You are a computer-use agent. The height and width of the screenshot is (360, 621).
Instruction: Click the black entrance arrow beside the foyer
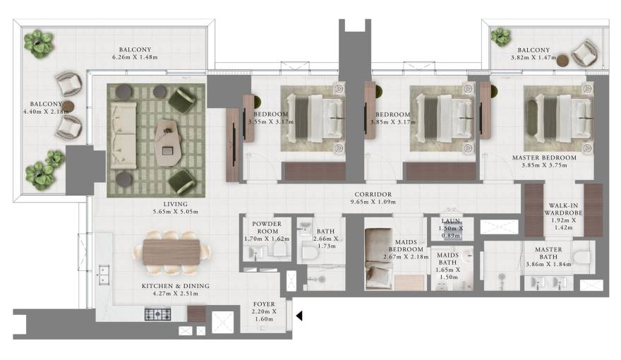(300, 316)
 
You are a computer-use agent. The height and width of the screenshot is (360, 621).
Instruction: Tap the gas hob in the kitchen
(157, 314)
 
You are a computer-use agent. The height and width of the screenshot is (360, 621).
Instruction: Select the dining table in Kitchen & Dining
(171, 252)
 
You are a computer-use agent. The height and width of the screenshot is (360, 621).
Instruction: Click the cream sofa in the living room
(123, 136)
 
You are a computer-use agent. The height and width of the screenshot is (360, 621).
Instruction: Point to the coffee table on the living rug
(169, 143)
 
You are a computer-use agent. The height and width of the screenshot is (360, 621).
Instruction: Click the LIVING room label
(176, 204)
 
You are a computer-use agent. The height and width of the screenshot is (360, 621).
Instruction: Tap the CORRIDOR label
(373, 194)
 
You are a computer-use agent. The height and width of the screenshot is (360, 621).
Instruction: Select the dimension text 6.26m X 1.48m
(135, 57)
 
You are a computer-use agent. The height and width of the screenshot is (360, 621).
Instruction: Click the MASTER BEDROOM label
(544, 157)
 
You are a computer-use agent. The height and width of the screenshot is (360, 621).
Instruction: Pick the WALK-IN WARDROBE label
(563, 209)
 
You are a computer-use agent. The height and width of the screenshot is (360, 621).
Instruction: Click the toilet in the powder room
(279, 249)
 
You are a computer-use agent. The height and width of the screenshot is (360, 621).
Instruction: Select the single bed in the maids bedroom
(379, 258)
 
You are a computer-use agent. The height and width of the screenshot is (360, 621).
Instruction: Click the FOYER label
(264, 304)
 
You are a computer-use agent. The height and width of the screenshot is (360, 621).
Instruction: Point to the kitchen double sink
(103, 275)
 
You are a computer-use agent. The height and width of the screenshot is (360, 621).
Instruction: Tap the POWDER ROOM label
(267, 227)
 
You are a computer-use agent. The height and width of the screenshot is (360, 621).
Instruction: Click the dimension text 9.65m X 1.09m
(373, 202)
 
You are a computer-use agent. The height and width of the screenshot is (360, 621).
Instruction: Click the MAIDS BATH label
(448, 258)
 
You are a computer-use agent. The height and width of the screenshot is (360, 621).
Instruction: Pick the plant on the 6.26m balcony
(38, 43)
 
